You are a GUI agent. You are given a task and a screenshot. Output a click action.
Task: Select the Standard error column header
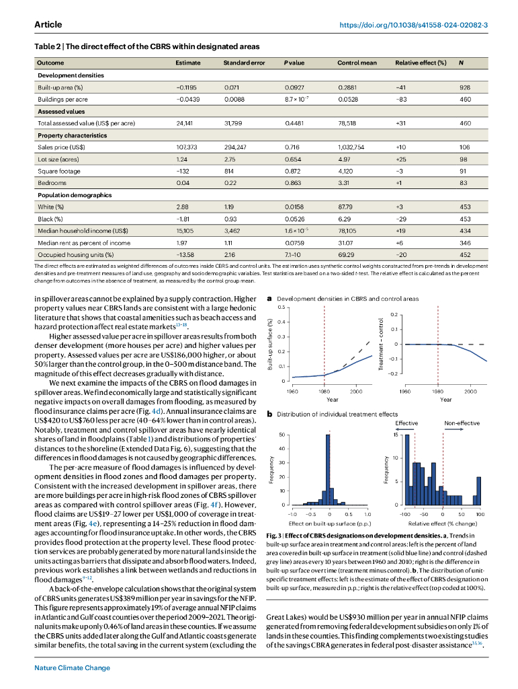click(244, 63)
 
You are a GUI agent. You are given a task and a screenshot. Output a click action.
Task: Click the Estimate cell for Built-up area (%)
click(187, 87)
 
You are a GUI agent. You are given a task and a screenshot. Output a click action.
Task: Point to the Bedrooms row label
click(51, 183)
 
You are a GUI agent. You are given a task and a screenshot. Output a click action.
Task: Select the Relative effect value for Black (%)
click(402, 219)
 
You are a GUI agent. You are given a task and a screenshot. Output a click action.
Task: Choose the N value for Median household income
click(464, 231)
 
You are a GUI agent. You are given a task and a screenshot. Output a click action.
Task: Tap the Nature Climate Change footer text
click(72, 667)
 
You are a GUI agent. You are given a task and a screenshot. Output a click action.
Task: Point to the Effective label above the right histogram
click(406, 423)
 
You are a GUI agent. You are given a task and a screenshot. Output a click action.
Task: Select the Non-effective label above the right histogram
click(462, 423)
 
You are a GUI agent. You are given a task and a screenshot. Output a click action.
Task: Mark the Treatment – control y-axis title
click(382, 344)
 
